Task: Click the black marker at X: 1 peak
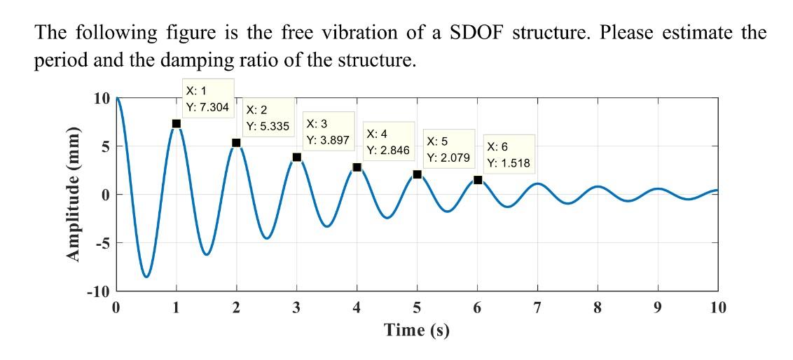177,123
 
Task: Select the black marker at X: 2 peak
236,143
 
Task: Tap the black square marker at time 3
297,157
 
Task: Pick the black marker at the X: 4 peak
357,167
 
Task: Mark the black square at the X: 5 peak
418,174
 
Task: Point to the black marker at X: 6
478,180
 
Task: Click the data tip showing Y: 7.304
207,99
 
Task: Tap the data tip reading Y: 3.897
327,131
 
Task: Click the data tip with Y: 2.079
448,148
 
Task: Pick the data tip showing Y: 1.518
509,155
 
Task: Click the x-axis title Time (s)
417,330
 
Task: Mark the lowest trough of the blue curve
146,277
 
